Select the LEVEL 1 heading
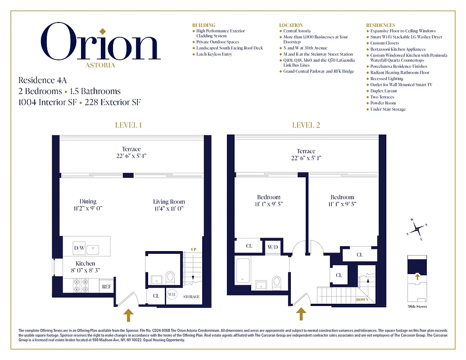click(x=129, y=125)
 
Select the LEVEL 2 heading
click(x=306, y=125)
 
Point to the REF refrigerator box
click(x=107, y=286)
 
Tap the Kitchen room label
click(x=85, y=264)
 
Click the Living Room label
click(x=169, y=202)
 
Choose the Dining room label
click(x=88, y=202)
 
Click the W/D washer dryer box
click(x=273, y=247)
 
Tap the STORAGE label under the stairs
click(x=192, y=297)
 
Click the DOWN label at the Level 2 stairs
click(x=362, y=300)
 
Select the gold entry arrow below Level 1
click(x=128, y=315)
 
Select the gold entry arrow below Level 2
click(x=301, y=314)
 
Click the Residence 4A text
click(x=42, y=81)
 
